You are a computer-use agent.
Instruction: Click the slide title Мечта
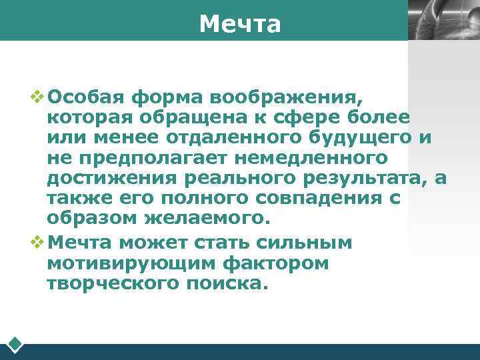point(240,24)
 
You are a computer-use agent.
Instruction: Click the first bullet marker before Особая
point(37,97)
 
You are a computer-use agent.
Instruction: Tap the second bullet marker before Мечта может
point(37,243)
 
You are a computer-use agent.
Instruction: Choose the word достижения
point(112,179)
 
